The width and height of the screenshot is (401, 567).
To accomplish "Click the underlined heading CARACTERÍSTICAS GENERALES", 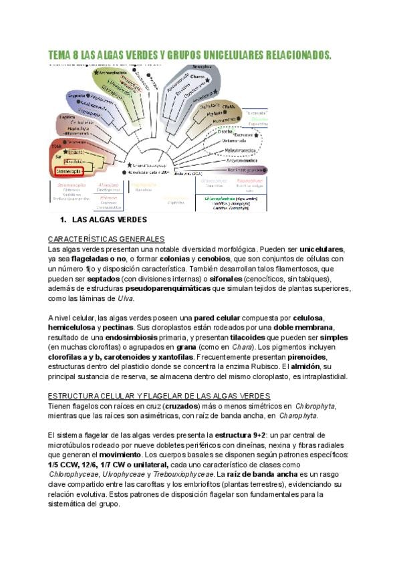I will (106, 239).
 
